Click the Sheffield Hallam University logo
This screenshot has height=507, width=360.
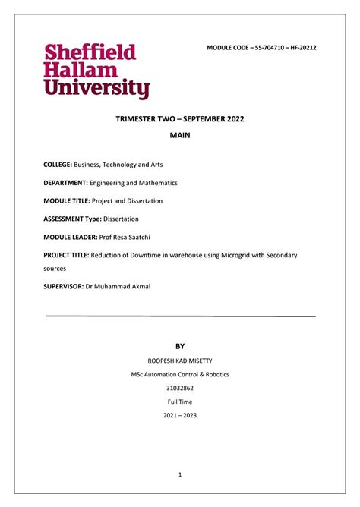pyautogui.click(x=96, y=71)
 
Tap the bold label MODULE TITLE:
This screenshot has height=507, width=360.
pyautogui.click(x=67, y=201)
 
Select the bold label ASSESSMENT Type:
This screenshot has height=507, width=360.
pyautogui.click(x=74, y=219)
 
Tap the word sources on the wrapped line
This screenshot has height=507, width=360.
pyautogui.click(x=55, y=269)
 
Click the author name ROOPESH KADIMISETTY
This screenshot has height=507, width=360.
pyautogui.click(x=179, y=360)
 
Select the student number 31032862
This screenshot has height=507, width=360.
pyautogui.click(x=179, y=388)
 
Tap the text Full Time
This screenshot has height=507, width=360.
pyautogui.click(x=179, y=402)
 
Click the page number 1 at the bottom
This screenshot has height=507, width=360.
pyautogui.click(x=180, y=475)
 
